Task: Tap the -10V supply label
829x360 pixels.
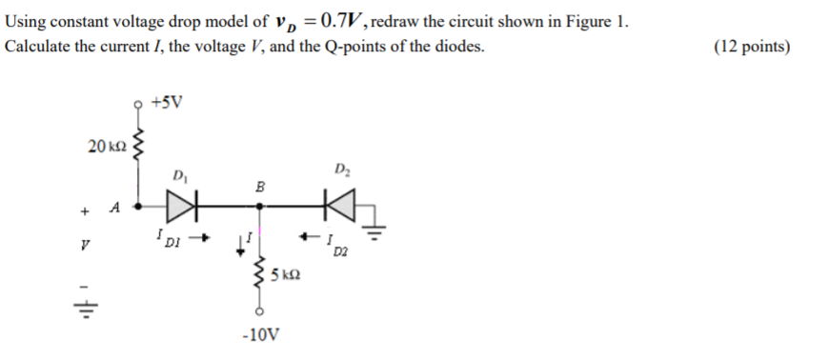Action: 261,335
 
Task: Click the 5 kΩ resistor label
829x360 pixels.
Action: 286,275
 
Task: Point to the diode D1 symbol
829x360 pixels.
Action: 182,203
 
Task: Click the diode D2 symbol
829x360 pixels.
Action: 337,203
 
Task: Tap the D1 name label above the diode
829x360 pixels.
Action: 179,175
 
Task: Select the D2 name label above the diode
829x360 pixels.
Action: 341,170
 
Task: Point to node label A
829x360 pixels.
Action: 114,206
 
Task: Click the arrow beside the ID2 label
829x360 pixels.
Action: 310,237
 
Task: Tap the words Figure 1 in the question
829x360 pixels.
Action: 597,23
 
